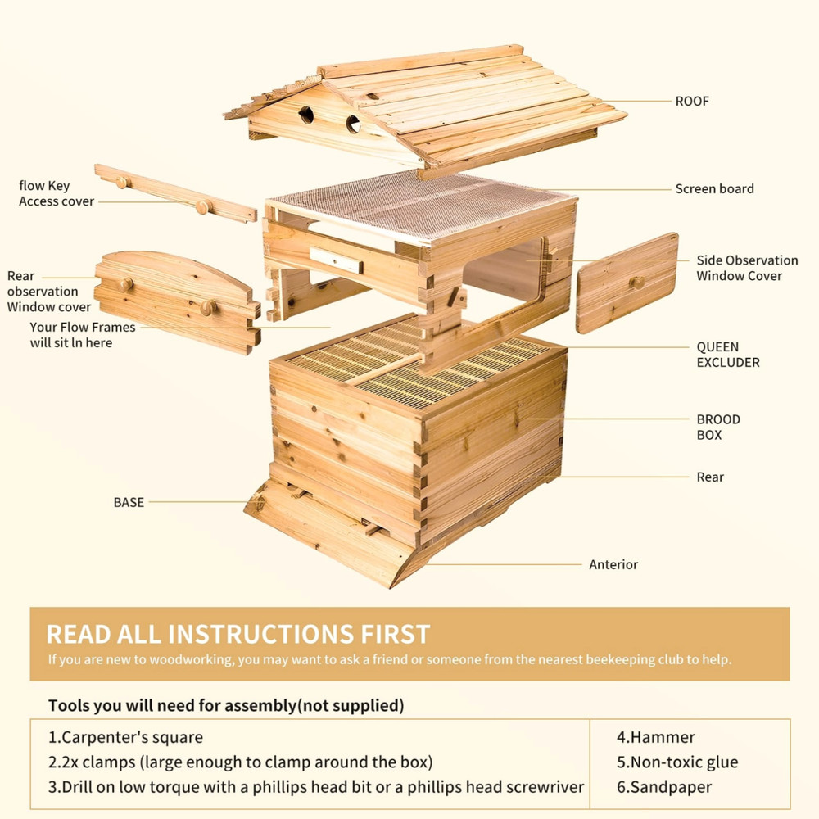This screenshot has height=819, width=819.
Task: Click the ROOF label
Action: point(692,102)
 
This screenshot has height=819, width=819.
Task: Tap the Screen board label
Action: point(714,189)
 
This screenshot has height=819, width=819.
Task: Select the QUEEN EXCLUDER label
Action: point(728,355)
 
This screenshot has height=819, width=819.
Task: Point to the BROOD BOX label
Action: point(718,427)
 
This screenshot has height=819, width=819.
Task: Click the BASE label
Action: point(129,502)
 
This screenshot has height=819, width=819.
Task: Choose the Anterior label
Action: point(613,564)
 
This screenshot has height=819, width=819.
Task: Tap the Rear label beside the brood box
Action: point(710,477)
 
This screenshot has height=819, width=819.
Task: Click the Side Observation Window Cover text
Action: point(747,268)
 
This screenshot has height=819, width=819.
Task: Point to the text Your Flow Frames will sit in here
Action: point(83,334)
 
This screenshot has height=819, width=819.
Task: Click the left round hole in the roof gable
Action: point(306,115)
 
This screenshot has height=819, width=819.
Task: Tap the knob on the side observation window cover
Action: point(636,283)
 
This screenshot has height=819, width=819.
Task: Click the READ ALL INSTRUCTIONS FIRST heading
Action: point(238,634)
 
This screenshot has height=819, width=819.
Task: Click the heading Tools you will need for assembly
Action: point(225,705)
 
